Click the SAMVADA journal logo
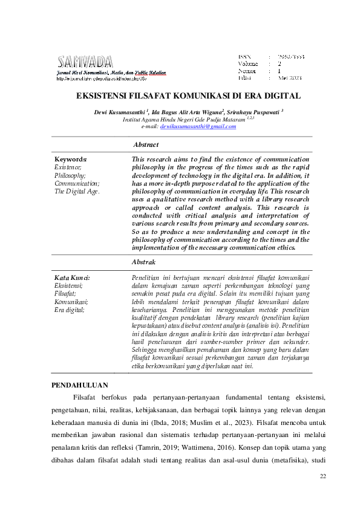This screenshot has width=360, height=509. [x=85, y=62]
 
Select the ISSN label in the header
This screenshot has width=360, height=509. [x=244, y=56]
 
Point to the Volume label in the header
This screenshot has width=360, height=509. [x=248, y=63]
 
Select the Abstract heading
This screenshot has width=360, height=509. [x=146, y=145]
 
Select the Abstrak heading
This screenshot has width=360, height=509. [x=144, y=262]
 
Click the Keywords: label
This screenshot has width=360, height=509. [x=71, y=159]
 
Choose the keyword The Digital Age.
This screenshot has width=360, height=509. [x=77, y=191]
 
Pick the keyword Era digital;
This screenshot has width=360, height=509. [x=70, y=309]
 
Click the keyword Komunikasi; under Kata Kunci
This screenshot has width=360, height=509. [x=71, y=301]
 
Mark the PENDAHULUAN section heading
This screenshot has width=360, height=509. [x=79, y=384]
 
